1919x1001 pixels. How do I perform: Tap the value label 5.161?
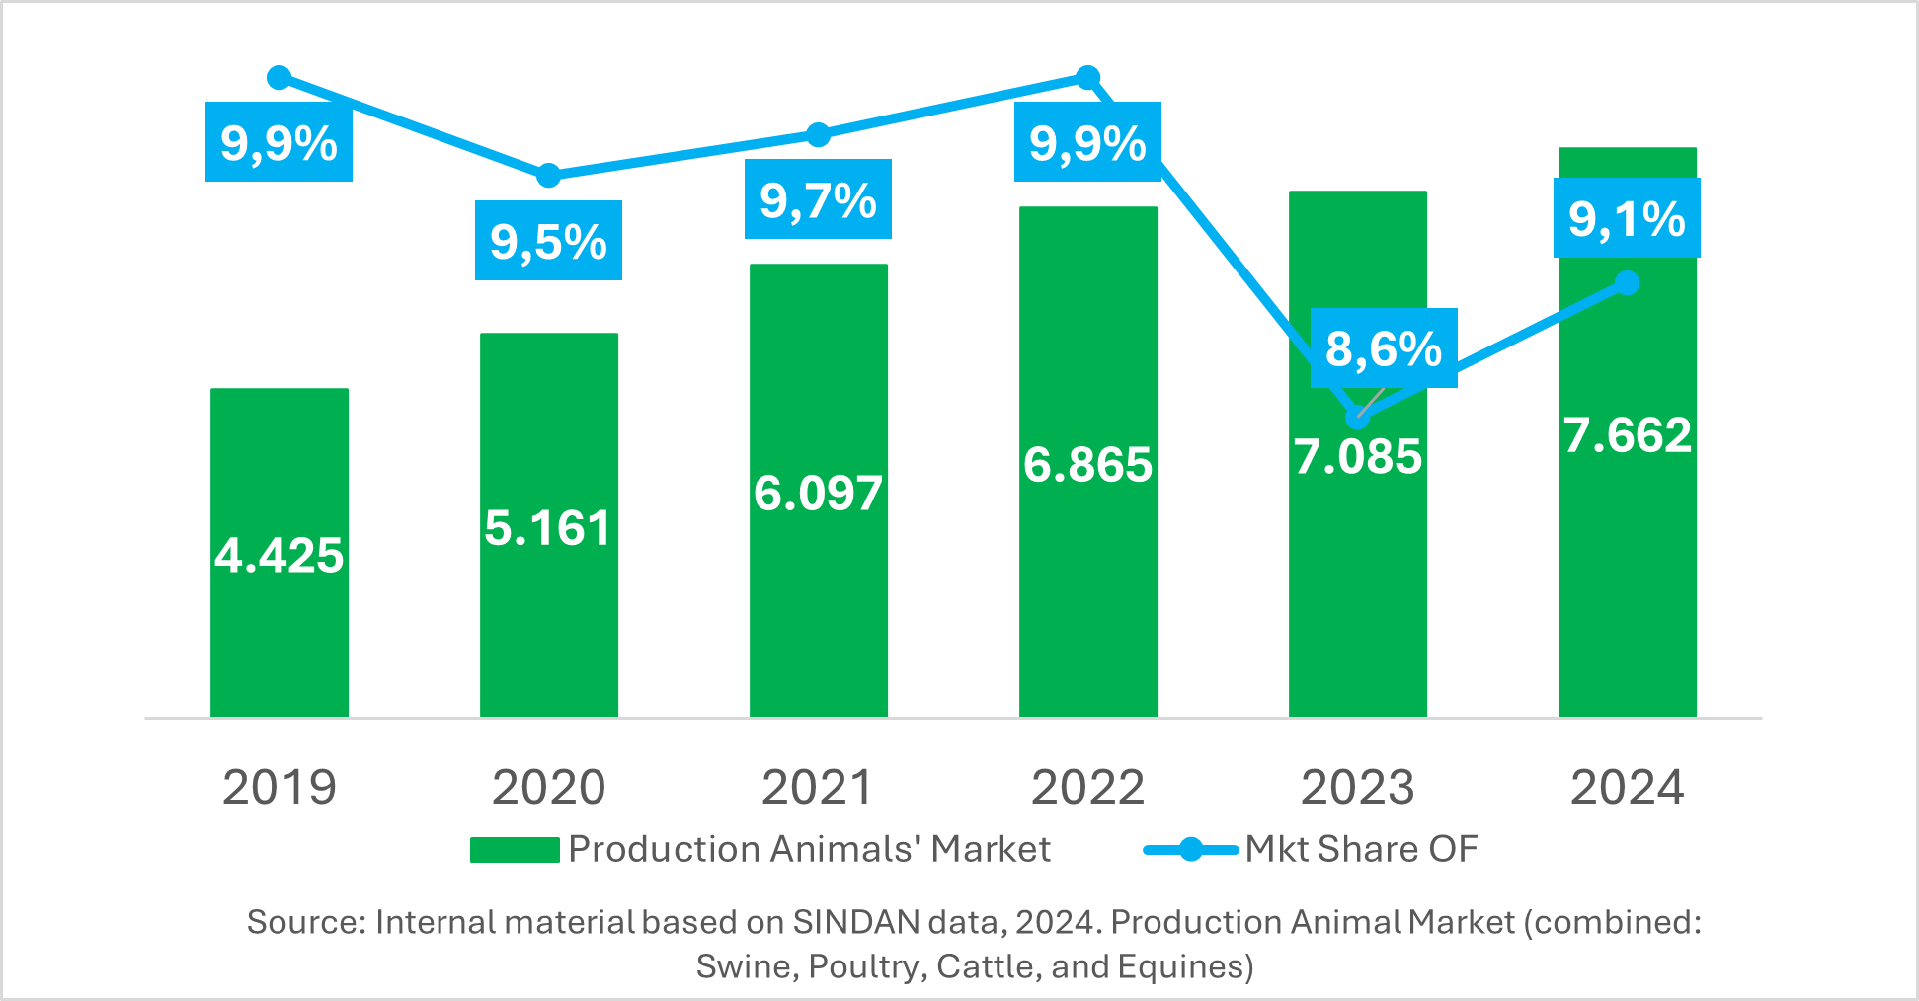548,528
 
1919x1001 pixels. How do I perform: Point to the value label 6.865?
1087,465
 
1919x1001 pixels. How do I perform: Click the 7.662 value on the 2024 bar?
1628,435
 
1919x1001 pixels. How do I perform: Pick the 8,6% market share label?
1384,348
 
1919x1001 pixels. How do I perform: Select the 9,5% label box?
548,241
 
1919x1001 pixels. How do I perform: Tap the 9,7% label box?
818,199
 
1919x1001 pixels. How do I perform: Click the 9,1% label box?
1627,218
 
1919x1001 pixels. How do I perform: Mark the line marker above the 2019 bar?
280,78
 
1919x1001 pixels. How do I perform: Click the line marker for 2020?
548,176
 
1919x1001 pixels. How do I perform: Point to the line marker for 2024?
1628,283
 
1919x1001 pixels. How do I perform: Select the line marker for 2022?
1087,77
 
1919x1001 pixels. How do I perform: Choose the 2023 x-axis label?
1357,788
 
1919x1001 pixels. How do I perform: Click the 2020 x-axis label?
548,788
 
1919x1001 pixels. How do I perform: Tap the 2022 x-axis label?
1087,788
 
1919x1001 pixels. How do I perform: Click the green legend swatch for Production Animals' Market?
515,850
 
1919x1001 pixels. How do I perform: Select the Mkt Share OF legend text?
1361,849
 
